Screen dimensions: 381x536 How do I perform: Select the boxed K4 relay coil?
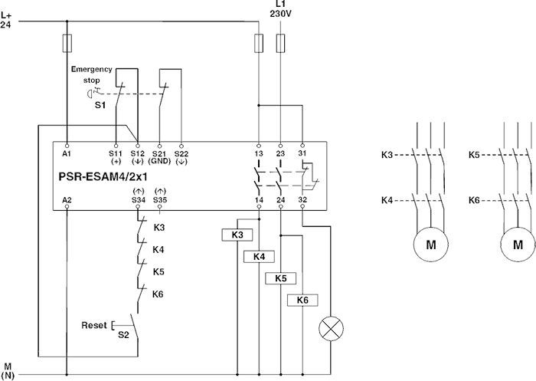coord(258,256)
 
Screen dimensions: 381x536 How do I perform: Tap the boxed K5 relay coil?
coord(280,278)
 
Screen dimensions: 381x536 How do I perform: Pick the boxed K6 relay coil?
coord(302,299)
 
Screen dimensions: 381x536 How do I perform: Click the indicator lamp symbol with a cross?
coord(332,330)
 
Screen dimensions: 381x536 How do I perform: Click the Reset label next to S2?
coord(94,326)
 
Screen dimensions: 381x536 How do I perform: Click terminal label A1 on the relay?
coord(67,153)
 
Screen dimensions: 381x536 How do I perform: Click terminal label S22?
coord(181,153)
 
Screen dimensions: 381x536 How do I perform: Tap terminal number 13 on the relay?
coord(260,153)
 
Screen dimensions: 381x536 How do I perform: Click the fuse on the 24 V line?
coord(67,41)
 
